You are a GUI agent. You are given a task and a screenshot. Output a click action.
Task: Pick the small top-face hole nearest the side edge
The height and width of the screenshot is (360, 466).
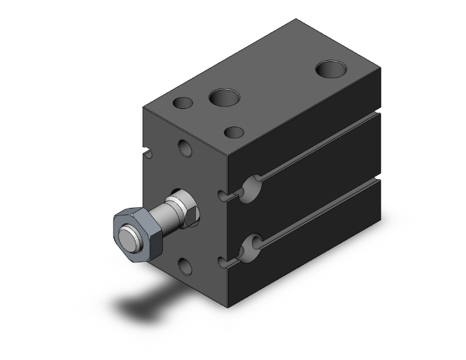point(234,132)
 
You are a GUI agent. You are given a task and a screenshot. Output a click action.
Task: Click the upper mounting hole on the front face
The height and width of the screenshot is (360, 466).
point(185,148)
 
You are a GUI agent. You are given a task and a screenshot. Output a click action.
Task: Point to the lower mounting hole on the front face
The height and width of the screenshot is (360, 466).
point(185,267)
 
